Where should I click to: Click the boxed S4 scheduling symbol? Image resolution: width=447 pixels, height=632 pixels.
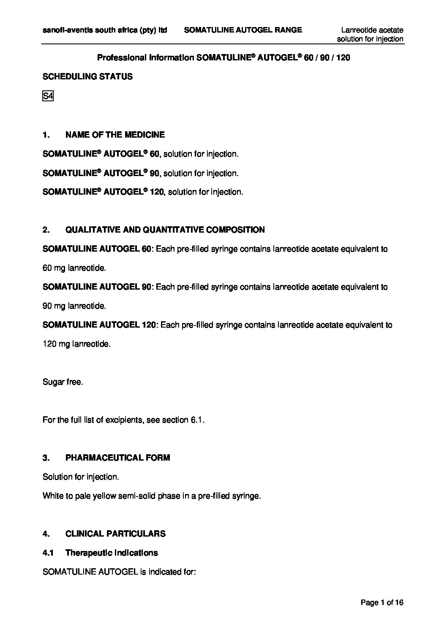[x=48, y=96]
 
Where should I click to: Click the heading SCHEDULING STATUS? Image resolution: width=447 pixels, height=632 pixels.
[x=87, y=76]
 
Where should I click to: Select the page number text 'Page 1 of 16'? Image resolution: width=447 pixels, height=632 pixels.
[x=382, y=602]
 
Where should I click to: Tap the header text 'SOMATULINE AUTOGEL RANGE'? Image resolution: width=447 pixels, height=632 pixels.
[x=243, y=30]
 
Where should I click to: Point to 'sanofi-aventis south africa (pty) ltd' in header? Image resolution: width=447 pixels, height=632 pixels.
[x=105, y=30]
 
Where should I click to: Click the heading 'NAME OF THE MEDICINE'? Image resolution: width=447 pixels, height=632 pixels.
[x=115, y=135]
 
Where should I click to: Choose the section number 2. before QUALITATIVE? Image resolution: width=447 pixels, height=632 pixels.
[x=46, y=230]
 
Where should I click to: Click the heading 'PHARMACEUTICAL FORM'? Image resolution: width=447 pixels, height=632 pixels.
[x=117, y=458]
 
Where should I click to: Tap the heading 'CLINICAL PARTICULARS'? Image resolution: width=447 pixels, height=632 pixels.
[x=115, y=534]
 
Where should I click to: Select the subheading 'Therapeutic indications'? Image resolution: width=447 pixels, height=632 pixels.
[x=112, y=553]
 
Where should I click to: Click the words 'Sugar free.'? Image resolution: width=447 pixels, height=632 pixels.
[x=63, y=382]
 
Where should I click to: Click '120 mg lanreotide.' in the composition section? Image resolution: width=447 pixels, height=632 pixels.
[x=76, y=344]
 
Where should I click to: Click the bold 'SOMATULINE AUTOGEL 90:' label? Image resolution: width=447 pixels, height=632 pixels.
[x=99, y=287]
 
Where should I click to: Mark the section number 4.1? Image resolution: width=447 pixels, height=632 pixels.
[x=48, y=553]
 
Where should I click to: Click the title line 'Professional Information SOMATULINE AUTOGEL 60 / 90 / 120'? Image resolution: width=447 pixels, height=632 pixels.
[x=223, y=57]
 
